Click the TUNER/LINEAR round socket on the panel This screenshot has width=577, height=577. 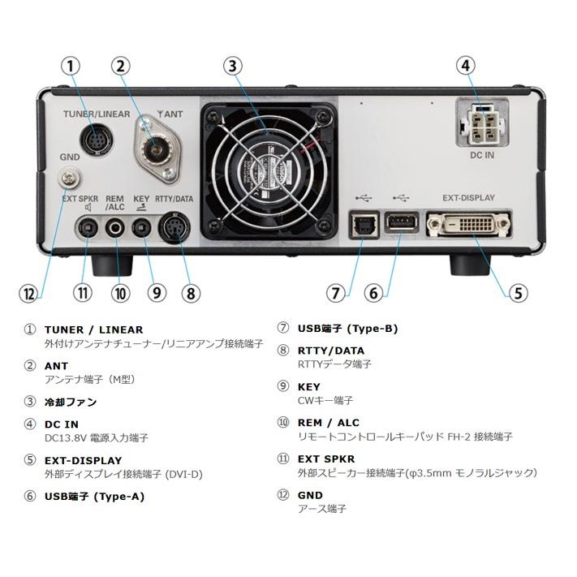(x=97, y=140)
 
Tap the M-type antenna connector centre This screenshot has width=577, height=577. (x=154, y=149)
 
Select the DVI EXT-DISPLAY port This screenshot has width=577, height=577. (x=468, y=223)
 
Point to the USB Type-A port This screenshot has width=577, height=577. (x=401, y=222)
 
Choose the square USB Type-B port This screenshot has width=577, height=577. (x=364, y=224)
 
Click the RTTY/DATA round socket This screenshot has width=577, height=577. (x=174, y=227)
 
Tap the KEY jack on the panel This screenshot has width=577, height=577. (x=142, y=229)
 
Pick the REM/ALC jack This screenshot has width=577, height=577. (x=114, y=228)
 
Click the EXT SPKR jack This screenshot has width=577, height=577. (x=88, y=229)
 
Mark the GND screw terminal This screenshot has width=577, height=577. (x=69, y=179)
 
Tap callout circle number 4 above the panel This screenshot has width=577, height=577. (x=466, y=66)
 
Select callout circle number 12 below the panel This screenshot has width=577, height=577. (x=28, y=294)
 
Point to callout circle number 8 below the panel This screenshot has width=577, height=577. (x=191, y=294)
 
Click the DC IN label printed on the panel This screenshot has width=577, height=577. (x=482, y=155)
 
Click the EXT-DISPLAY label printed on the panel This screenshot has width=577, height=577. (x=468, y=198)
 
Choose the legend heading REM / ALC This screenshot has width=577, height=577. (x=328, y=423)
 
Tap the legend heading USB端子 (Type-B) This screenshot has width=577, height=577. (x=348, y=328)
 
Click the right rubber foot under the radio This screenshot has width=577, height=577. (x=471, y=265)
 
